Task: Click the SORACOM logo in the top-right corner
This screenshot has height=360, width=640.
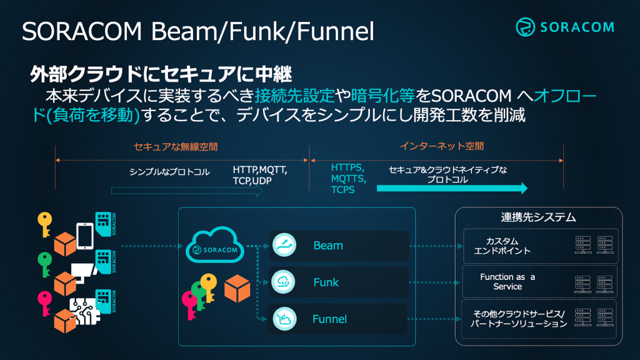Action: coord(565,27)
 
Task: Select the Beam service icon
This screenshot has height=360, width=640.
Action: coord(284,245)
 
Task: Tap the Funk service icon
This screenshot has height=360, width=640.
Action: coord(283,282)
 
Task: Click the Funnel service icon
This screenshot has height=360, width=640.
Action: coord(284,319)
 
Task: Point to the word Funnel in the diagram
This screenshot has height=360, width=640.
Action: coord(329,319)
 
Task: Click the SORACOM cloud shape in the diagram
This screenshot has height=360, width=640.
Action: coord(215,245)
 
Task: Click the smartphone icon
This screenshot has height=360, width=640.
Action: coord(85,236)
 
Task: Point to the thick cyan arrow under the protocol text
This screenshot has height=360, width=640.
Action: coord(452,188)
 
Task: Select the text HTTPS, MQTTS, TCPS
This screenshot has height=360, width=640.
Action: coord(348,179)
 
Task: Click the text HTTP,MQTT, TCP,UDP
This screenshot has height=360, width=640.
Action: coord(260,176)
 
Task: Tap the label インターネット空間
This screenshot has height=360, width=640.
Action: coord(442,146)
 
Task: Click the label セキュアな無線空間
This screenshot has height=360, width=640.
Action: coord(176,147)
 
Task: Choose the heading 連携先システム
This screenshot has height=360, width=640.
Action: coord(538,217)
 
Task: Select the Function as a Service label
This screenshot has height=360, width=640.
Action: coord(507,282)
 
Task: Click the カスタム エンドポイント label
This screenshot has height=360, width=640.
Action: coord(502,246)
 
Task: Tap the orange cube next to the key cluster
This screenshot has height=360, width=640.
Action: coord(237,288)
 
